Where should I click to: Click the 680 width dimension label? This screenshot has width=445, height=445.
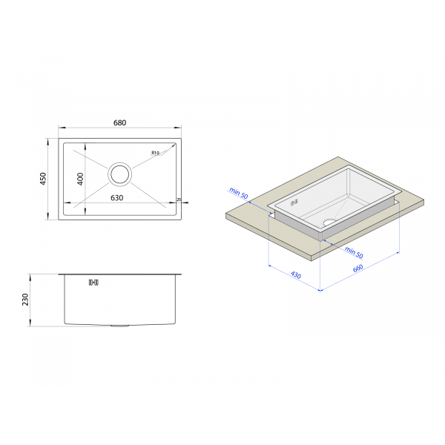tap(119, 122)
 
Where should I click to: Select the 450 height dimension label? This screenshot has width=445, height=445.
tap(43, 179)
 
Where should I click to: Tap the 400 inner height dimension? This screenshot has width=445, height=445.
tap(80, 179)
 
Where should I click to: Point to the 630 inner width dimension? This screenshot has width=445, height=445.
tap(117, 198)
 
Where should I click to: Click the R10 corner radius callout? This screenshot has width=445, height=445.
tap(155, 153)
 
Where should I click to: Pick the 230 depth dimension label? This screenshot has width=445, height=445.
tap(25, 300)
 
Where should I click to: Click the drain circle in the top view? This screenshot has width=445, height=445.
tap(119, 174)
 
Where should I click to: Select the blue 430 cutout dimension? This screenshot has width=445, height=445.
tap(296, 274)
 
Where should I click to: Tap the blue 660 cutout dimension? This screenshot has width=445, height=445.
tap(358, 268)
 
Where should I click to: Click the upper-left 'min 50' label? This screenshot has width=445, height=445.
tap(238, 193)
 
